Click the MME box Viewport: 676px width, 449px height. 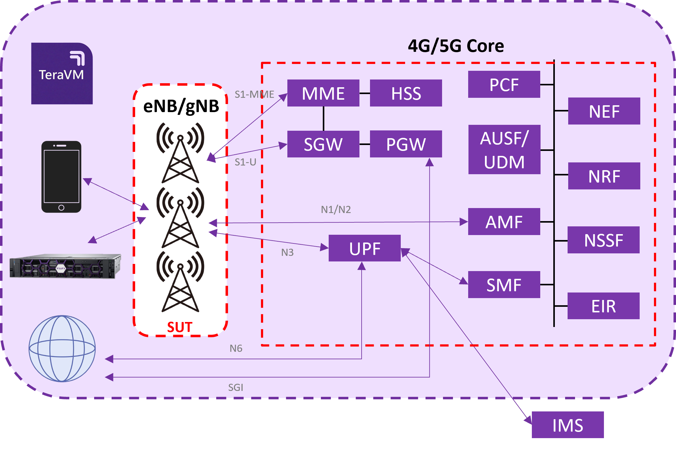[323, 93]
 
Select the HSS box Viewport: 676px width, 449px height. [406, 93]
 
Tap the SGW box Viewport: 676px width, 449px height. [323, 144]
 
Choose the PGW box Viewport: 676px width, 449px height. [406, 144]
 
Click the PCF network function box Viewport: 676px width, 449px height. [504, 84]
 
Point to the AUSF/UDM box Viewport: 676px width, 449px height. [504, 150]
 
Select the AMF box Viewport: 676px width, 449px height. [504, 222]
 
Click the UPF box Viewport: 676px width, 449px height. [364, 248]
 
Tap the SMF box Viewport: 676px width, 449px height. [504, 285]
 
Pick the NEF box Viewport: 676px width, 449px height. [604, 111]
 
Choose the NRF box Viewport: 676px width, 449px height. [604, 176]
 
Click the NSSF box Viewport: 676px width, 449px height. [603, 240]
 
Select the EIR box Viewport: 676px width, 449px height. [603, 306]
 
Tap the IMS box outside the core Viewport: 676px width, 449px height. [568, 425]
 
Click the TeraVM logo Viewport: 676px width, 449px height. [62, 74]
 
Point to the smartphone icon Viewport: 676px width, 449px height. [62, 177]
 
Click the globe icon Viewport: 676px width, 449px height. [62, 349]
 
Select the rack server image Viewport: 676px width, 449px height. [65, 266]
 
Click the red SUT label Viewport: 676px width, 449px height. [180, 327]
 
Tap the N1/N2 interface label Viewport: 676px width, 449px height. [336, 210]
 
